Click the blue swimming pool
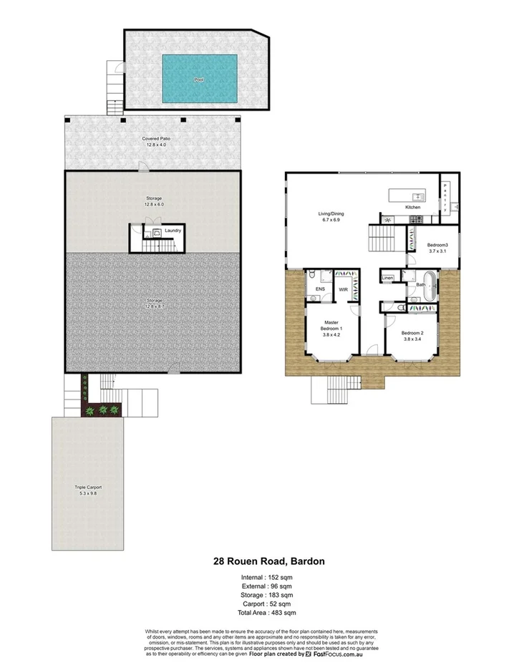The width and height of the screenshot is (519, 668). [199, 79]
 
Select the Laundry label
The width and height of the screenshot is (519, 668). [173, 231]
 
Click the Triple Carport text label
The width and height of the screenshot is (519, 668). [88, 487]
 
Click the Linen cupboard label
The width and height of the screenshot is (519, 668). [387, 278]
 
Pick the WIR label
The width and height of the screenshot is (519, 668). [343, 289]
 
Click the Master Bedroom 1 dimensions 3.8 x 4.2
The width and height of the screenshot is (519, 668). [330, 333]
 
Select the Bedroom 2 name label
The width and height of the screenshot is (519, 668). [412, 333]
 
